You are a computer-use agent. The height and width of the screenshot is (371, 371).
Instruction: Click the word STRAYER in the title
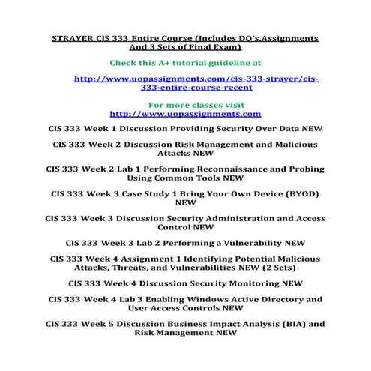[x=72, y=37]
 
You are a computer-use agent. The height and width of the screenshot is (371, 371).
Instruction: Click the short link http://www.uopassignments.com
[x=185, y=115]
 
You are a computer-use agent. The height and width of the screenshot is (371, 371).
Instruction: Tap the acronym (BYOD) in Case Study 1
[x=298, y=193]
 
